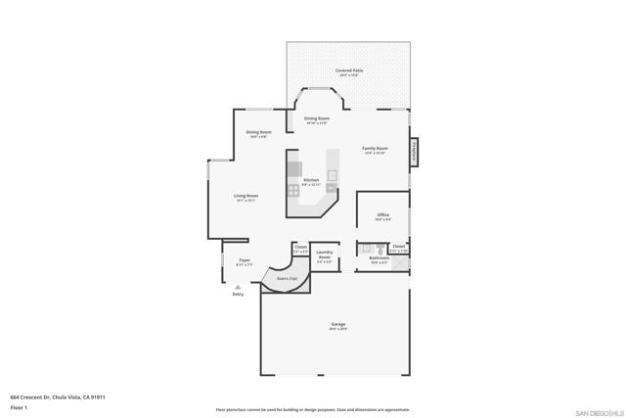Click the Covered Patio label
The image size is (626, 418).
[347, 71]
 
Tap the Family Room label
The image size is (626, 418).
[375, 150]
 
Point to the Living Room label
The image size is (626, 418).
[246, 198]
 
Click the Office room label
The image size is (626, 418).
[384, 217]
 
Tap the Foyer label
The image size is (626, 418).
[245, 261]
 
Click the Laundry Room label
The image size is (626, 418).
[325, 257]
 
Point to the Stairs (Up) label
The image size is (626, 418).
[287, 279]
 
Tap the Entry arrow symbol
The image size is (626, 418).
[238, 286]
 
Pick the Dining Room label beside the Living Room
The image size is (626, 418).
[258, 134]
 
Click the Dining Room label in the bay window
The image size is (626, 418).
[316, 120]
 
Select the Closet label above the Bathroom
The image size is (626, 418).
[399, 249]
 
